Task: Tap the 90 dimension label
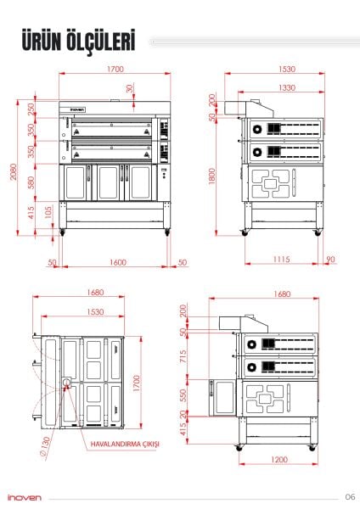click(x=329, y=259)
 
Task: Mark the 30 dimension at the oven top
click(x=129, y=88)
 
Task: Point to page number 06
click(x=349, y=497)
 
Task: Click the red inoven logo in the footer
click(x=22, y=498)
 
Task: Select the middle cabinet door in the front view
click(x=108, y=180)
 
